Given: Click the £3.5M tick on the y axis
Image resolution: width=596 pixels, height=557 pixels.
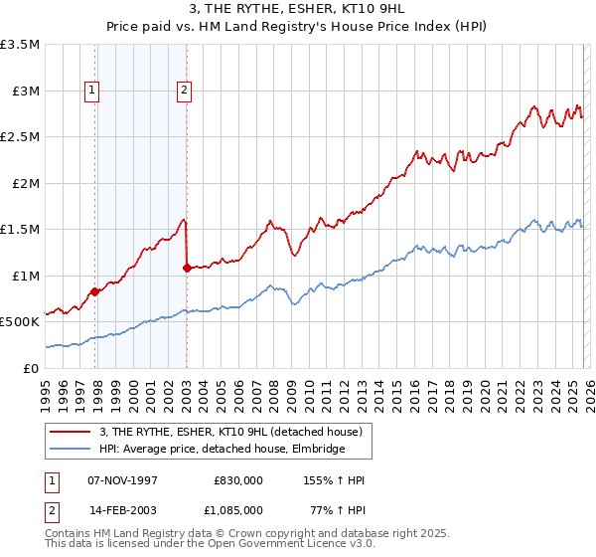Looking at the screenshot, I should pyautogui.click(x=20, y=45).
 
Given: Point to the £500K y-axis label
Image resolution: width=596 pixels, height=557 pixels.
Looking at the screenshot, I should pyautogui.click(x=20, y=322).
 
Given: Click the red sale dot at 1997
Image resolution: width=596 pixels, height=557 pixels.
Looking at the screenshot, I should pyautogui.click(x=95, y=291).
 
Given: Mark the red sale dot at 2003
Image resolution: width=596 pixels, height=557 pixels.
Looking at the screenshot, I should pyautogui.click(x=188, y=268).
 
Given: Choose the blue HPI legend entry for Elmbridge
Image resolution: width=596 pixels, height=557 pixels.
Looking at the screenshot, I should pyautogui.click(x=222, y=450).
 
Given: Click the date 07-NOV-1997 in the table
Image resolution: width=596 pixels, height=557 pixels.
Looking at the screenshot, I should pyautogui.click(x=122, y=479).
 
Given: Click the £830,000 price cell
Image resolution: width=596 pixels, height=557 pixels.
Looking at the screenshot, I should pyautogui.click(x=237, y=479).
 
